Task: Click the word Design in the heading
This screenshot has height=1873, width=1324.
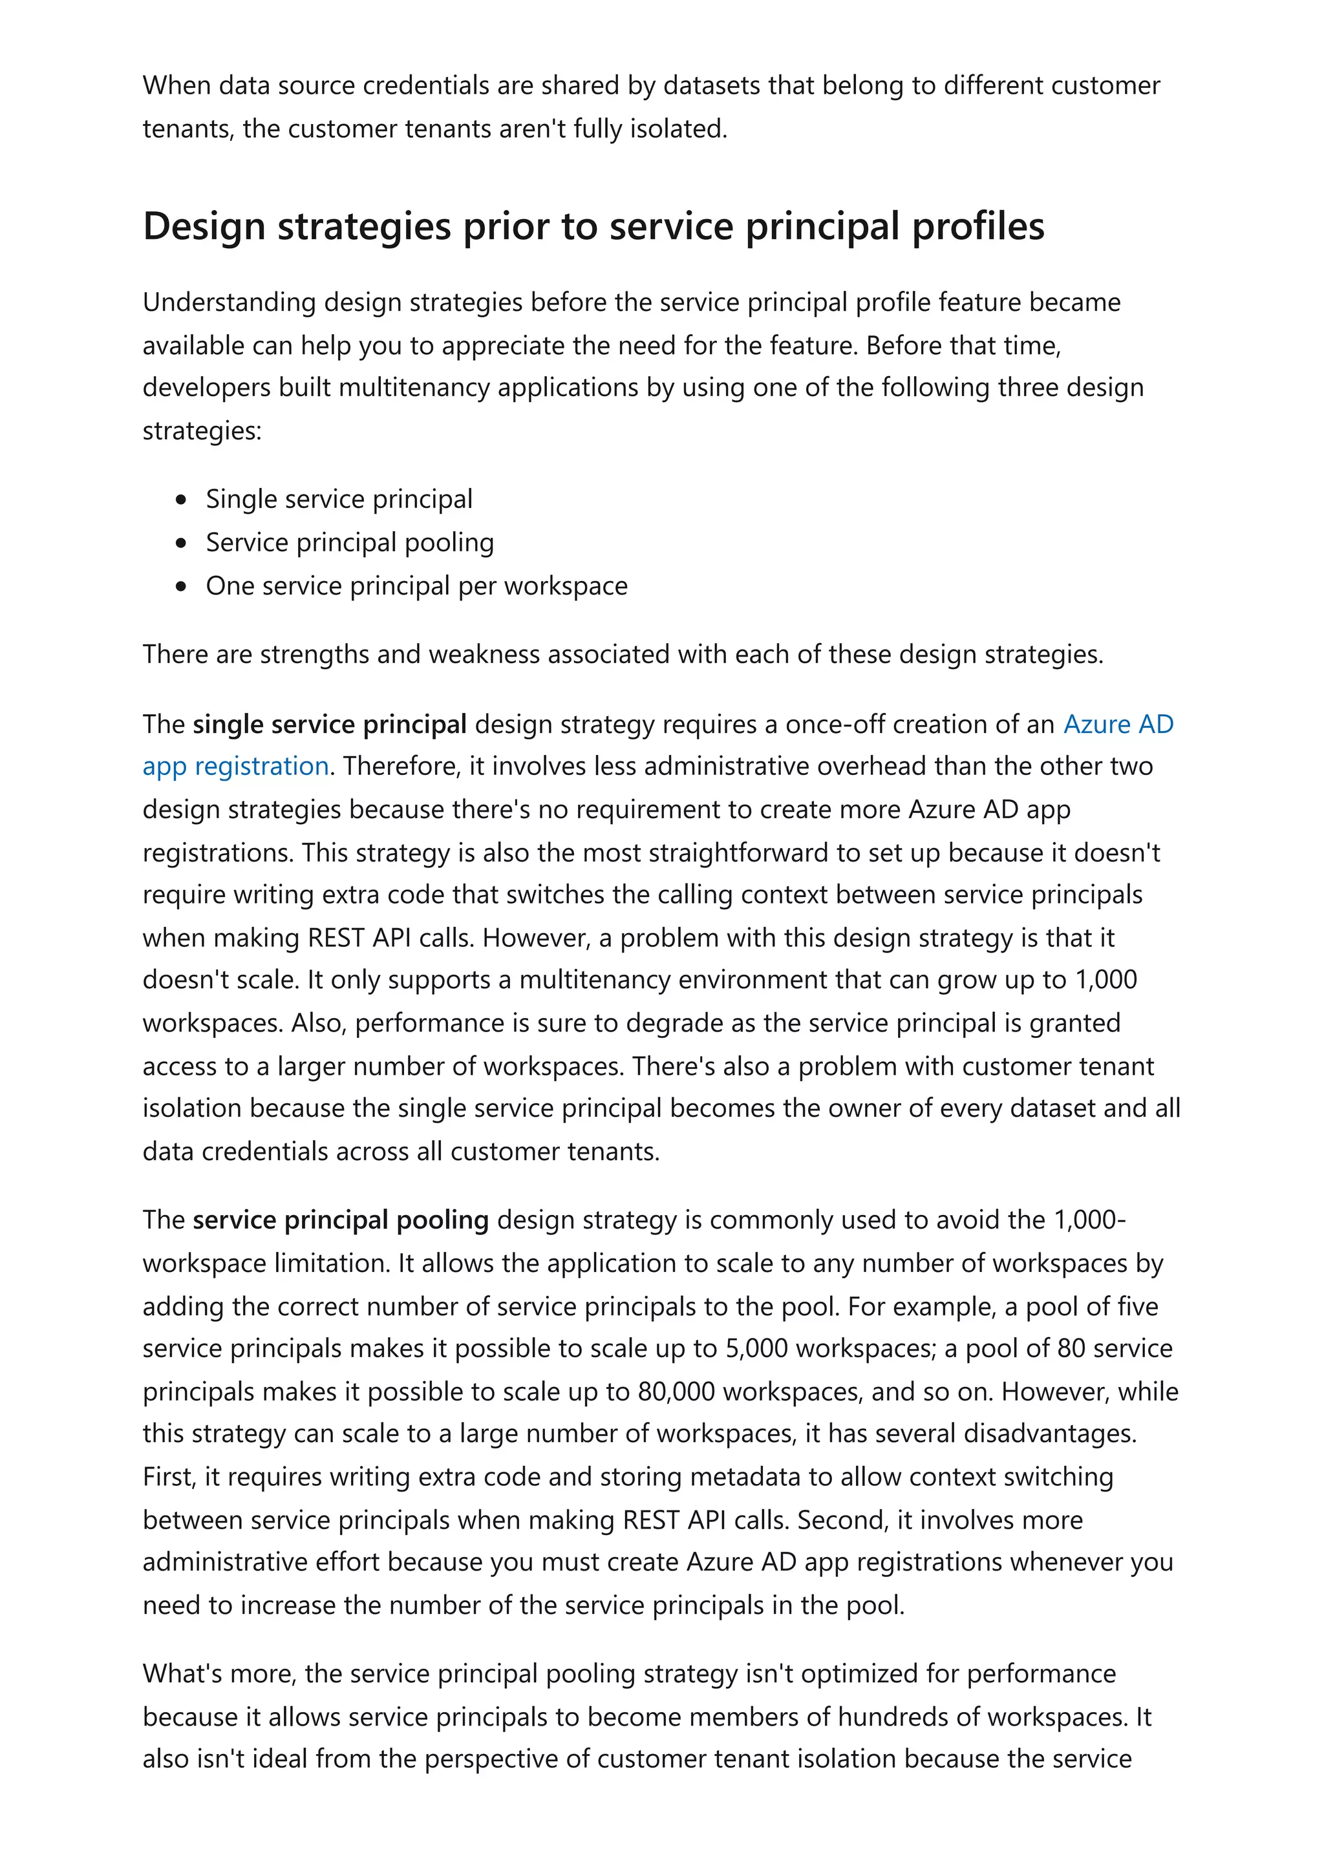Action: click(204, 226)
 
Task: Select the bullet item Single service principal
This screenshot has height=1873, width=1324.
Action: click(339, 498)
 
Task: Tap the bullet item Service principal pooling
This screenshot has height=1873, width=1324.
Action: click(349, 542)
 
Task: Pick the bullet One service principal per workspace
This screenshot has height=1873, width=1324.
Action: click(416, 585)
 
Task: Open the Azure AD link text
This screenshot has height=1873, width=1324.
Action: click(1118, 724)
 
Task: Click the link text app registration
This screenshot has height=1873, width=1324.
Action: click(235, 766)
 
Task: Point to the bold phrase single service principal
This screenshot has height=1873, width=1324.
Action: click(330, 724)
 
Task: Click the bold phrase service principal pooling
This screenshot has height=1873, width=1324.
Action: click(340, 1220)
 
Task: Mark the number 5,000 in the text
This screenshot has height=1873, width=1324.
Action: click(756, 1348)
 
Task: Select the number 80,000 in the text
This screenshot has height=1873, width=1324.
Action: click(676, 1391)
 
